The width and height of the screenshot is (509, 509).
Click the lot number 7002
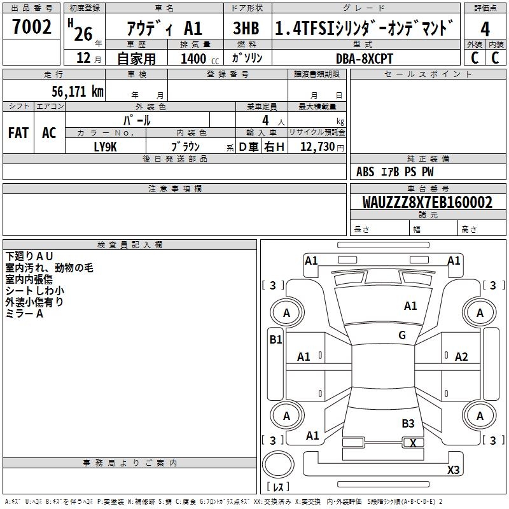[32, 28]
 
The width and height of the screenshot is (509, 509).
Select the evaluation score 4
[485, 29]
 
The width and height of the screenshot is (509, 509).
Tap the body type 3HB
[245, 29]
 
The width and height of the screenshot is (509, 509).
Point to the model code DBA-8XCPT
[365, 59]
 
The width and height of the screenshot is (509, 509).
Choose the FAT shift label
[18, 133]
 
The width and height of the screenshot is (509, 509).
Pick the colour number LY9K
[106, 147]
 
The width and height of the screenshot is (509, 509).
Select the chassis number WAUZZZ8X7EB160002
[428, 202]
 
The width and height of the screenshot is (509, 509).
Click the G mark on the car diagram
[402, 335]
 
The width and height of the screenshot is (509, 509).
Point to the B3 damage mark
[408, 423]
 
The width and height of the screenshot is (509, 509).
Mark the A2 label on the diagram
[461, 357]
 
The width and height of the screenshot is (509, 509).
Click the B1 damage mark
[275, 340]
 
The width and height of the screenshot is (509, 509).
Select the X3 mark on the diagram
[453, 470]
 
